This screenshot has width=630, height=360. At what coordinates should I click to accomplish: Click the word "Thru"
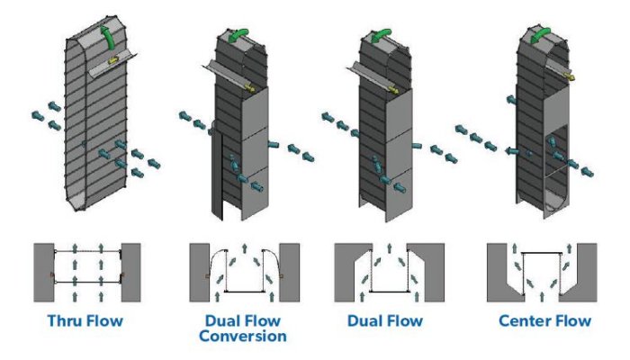67,321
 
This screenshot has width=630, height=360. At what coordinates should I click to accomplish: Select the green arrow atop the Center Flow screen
543,33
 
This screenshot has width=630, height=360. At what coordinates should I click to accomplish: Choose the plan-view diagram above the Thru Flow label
87,271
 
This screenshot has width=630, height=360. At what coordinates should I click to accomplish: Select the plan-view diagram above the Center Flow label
542,271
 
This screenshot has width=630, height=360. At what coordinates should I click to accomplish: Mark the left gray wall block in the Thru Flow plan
43,271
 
